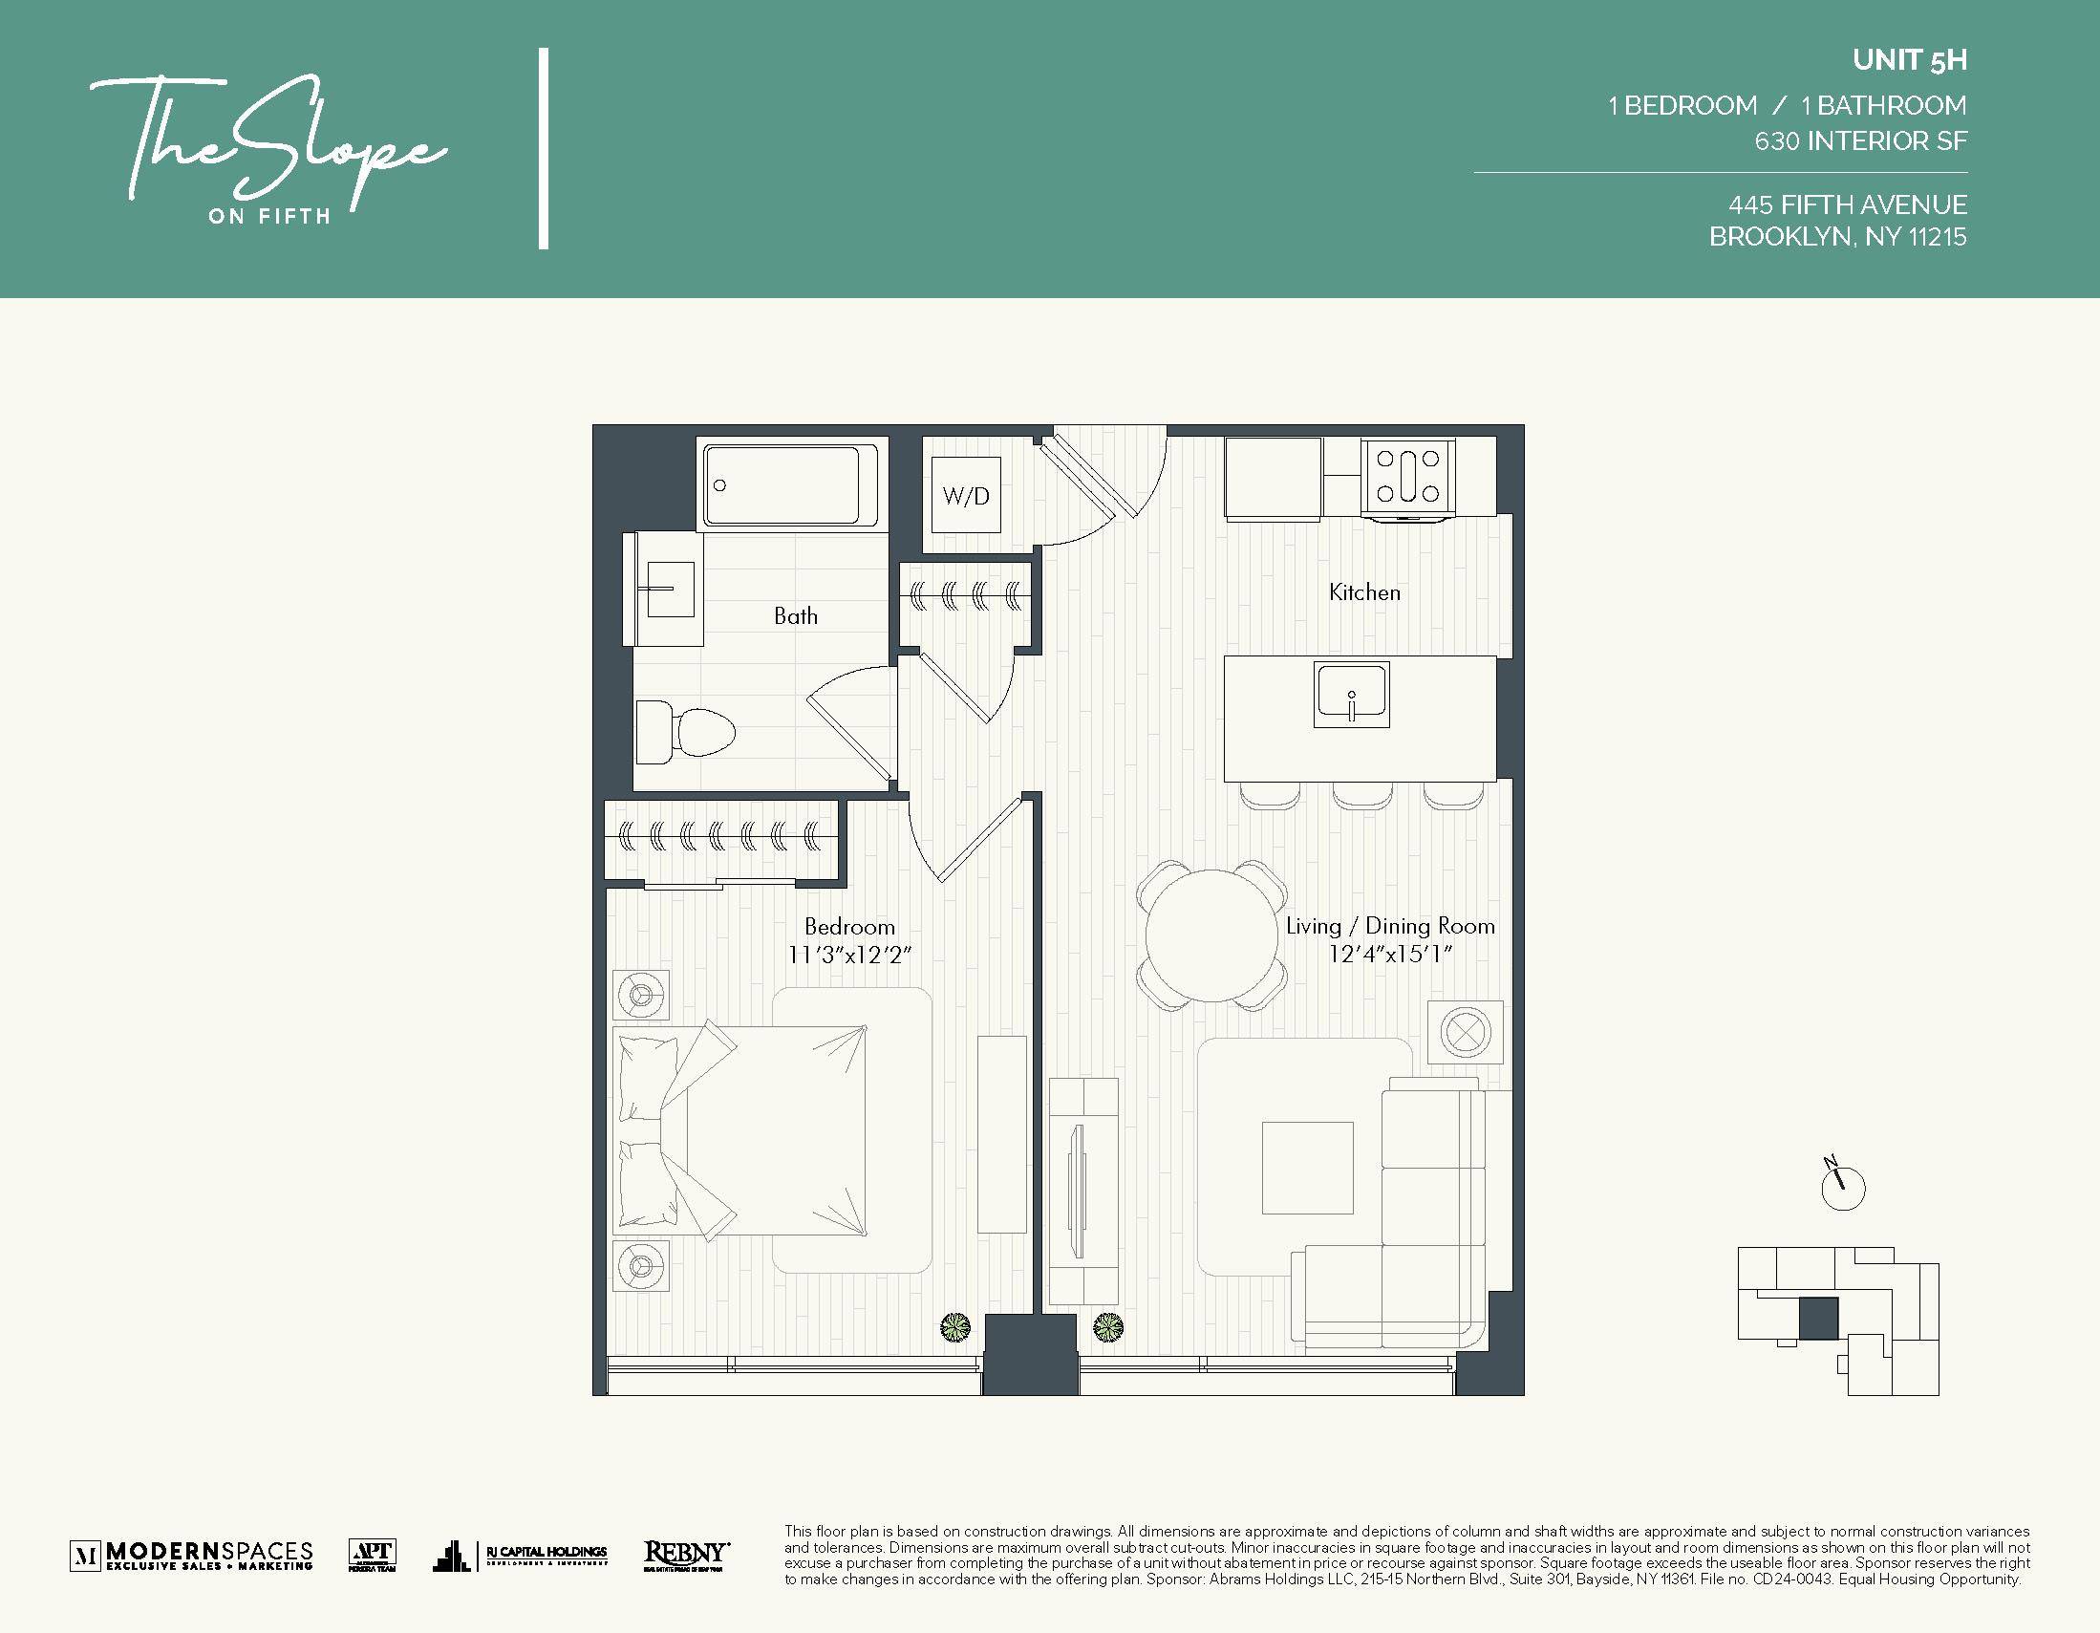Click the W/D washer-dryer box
[x=965, y=495]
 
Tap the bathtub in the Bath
[x=789, y=484]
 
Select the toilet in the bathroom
[x=686, y=733]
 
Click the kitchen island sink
[x=1351, y=695]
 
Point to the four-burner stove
[x=1407, y=476]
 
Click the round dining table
[x=1211, y=935]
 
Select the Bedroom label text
[x=849, y=926]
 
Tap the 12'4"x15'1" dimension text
[x=1389, y=954]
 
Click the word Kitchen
[x=1364, y=592]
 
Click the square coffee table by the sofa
[x=1307, y=1168]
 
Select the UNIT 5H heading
[x=1909, y=60]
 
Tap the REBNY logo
[x=686, y=1554]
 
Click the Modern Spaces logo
[x=191, y=1554]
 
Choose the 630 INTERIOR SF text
[x=1859, y=141]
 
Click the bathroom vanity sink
[x=669, y=589]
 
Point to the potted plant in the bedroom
[x=954, y=1328]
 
